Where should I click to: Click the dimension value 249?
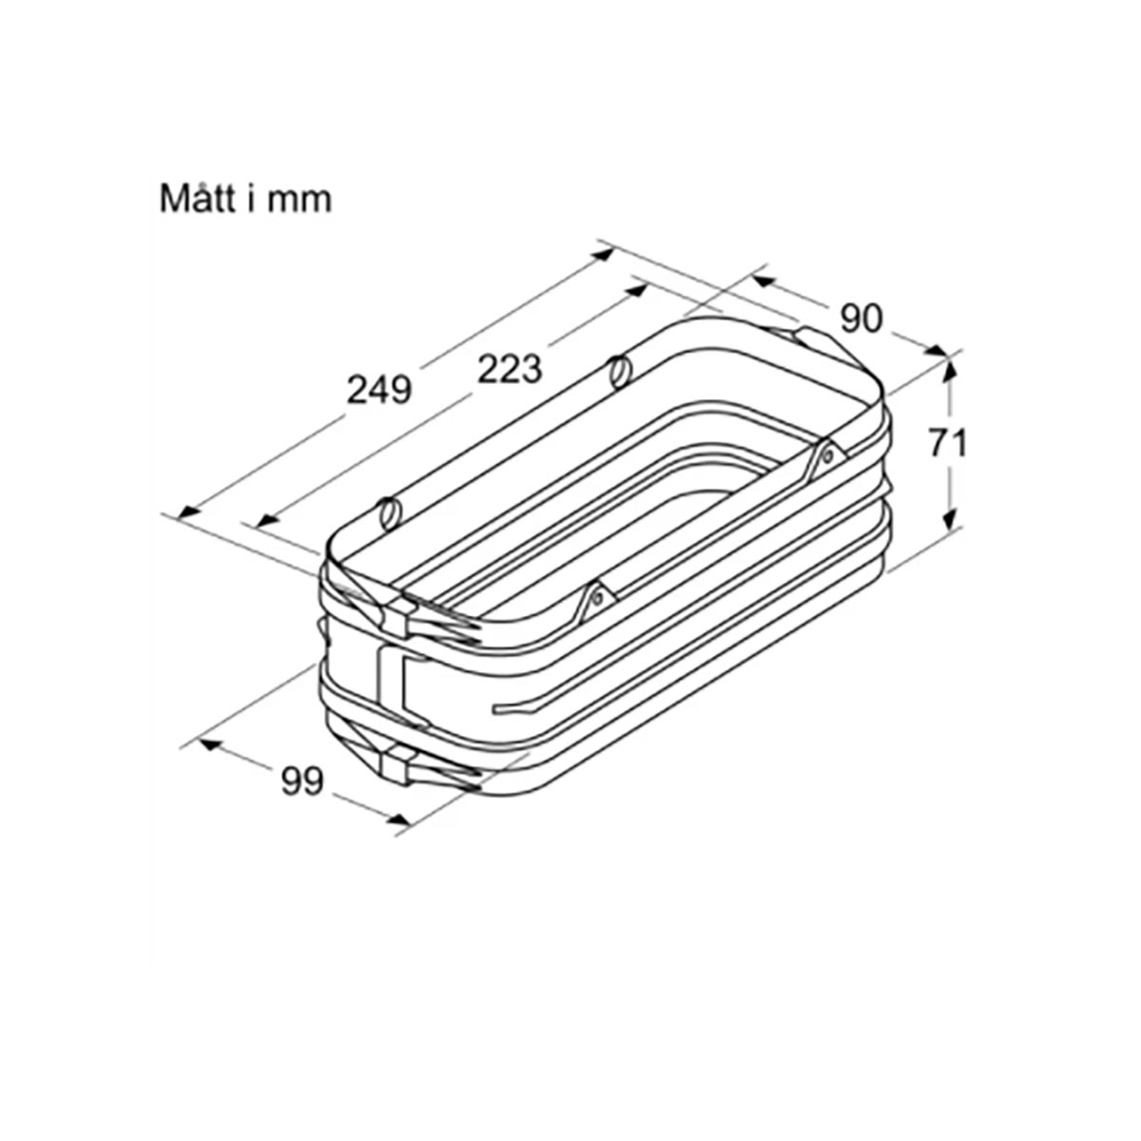pyautogui.click(x=378, y=390)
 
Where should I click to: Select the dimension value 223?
pyautogui.click(x=510, y=368)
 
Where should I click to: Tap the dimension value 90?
pyautogui.click(x=861, y=319)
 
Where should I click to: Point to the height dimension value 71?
pyautogui.click(x=947, y=443)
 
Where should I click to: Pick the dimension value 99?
pyautogui.click(x=302, y=781)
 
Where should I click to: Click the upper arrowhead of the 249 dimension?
pyautogui.click(x=604, y=254)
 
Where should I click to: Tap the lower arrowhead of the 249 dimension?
pyautogui.click(x=189, y=511)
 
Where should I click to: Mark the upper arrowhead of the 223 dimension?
pyautogui.click(x=636, y=290)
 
